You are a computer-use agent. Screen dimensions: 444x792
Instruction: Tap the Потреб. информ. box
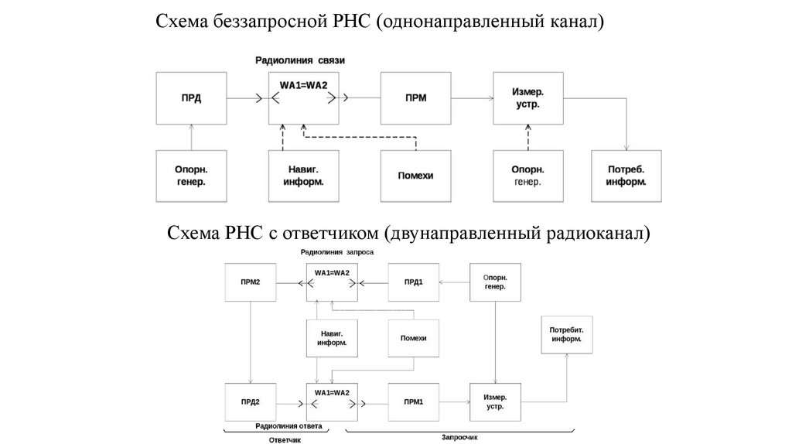click(x=627, y=176)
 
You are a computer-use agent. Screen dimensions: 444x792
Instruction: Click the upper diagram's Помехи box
click(x=415, y=176)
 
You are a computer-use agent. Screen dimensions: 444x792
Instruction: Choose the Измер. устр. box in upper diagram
click(x=527, y=98)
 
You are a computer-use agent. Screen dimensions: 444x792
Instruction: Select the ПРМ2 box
click(x=248, y=282)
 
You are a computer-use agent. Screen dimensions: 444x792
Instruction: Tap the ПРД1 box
click(x=413, y=282)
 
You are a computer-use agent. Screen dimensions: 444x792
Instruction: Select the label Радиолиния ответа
click(x=288, y=426)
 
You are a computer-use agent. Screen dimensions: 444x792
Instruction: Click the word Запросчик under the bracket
click(x=461, y=437)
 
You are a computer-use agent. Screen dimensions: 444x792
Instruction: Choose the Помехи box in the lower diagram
click(x=413, y=338)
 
